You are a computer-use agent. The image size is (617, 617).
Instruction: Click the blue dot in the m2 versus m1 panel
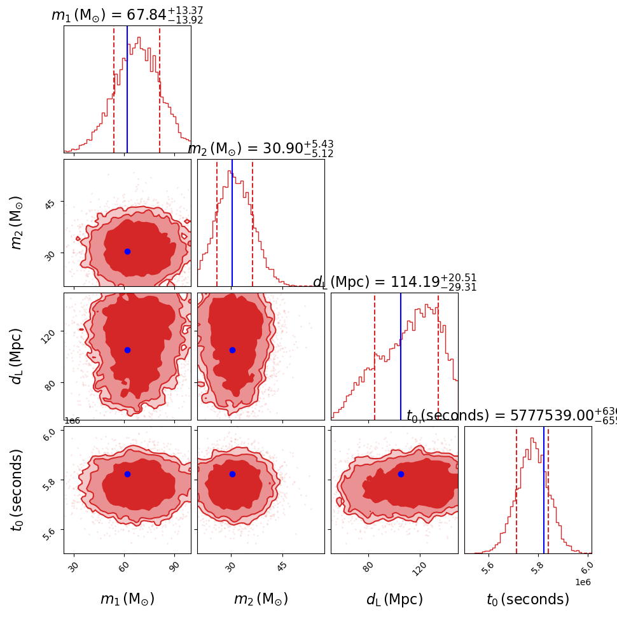pyautogui.click(x=127, y=251)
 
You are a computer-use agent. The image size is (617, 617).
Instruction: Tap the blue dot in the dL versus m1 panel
pyautogui.click(x=127, y=350)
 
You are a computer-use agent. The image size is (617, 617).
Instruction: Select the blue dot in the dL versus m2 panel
pyautogui.click(x=232, y=350)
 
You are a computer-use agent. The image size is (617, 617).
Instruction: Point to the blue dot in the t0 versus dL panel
pyautogui.click(x=401, y=474)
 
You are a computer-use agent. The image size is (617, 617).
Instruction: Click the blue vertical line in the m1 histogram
pyautogui.click(x=127, y=89)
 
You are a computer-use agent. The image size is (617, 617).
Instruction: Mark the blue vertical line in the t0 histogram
pyautogui.click(x=544, y=490)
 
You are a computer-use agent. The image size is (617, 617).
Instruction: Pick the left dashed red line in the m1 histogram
pyautogui.click(x=114, y=89)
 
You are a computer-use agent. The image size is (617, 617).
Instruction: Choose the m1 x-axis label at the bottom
pyautogui.click(x=127, y=599)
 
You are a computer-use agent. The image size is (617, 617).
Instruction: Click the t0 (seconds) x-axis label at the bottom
pyautogui.click(x=528, y=599)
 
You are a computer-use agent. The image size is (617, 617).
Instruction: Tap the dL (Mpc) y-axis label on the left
pyautogui.click(x=17, y=356)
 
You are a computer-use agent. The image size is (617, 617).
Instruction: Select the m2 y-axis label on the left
pyautogui.click(x=17, y=223)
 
